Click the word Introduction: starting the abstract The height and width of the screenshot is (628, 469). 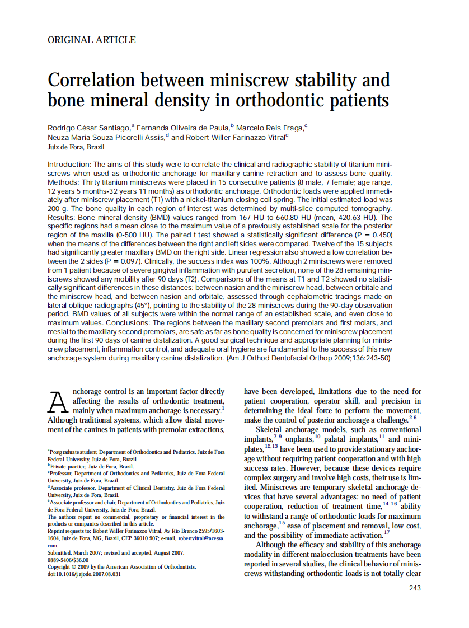pyautogui.click(x=69, y=165)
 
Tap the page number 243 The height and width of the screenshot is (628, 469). pyautogui.click(x=414, y=588)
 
